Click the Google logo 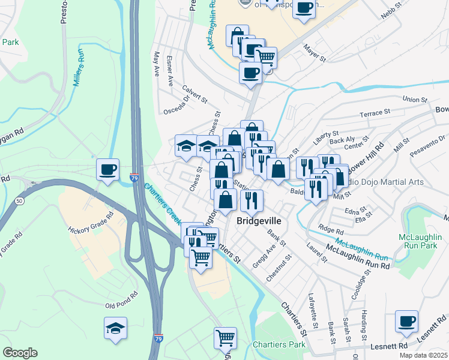(x=20, y=352)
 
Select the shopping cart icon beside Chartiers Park (x=225, y=338)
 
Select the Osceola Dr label (x=178, y=106)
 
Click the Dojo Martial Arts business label (x=387, y=182)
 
